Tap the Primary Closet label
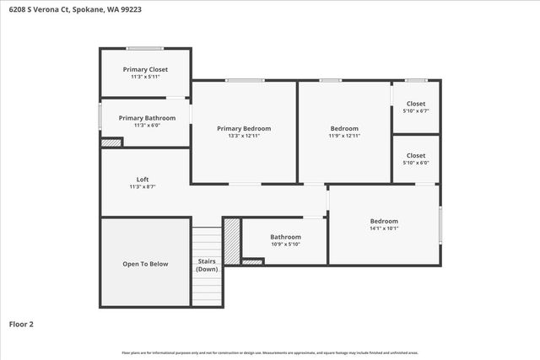pos(145,69)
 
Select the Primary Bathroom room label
pos(147,118)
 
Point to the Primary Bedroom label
pos(244,128)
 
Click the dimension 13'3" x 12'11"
pos(244,136)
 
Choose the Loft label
pos(143,179)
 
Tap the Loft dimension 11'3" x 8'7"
pos(143,186)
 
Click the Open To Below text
pos(145,264)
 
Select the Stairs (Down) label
pos(207,265)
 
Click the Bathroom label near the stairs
pos(285,237)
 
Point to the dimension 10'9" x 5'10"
pos(285,244)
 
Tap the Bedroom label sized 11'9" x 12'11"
pos(344,128)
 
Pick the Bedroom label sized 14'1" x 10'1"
pos(384,221)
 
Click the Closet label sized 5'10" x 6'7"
pos(416,104)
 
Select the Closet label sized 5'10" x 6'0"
pos(416,155)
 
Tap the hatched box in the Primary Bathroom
pos(111,142)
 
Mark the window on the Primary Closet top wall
pos(145,47)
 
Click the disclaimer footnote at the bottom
pos(270,352)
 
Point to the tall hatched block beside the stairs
pos(232,241)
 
